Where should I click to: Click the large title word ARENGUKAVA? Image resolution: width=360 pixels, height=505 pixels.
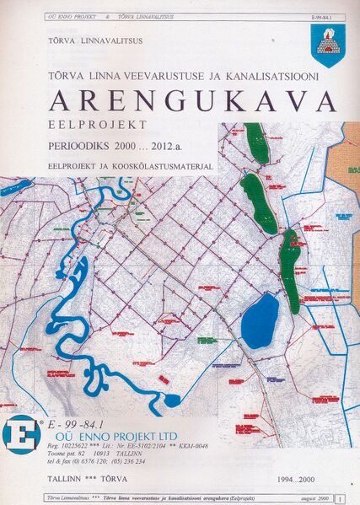point(192,100)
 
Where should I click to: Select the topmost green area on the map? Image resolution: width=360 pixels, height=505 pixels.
point(256,143)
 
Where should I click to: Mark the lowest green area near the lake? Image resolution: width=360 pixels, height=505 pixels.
point(290,270)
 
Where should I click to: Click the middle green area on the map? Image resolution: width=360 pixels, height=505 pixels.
point(257,202)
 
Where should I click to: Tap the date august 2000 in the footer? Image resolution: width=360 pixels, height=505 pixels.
point(312,499)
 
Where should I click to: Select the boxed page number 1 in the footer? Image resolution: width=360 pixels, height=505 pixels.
point(338,499)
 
